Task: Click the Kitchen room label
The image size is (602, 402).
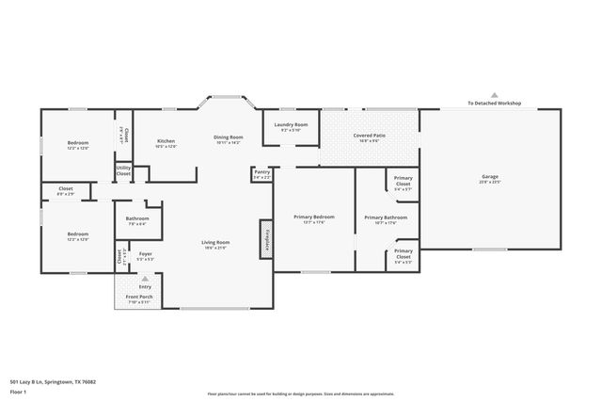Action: (x=166, y=140)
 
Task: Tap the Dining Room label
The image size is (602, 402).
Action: (x=229, y=137)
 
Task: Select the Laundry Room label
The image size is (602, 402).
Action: (x=291, y=124)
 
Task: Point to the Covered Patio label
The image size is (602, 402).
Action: (x=369, y=136)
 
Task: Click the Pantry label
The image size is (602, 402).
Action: (x=261, y=171)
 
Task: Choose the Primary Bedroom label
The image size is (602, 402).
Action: (x=313, y=217)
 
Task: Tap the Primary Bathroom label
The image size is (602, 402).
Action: (x=386, y=217)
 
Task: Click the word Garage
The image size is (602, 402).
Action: (x=489, y=176)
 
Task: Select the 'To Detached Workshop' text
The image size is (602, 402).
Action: (x=495, y=103)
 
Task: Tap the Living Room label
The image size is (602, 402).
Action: (x=215, y=242)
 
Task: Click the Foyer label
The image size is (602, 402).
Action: (x=145, y=253)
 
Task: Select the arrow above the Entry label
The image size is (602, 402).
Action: (x=144, y=279)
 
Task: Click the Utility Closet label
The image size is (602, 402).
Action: (x=123, y=170)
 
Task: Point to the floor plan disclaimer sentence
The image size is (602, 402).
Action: (x=301, y=393)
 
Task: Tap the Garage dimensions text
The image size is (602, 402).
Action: (x=489, y=183)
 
